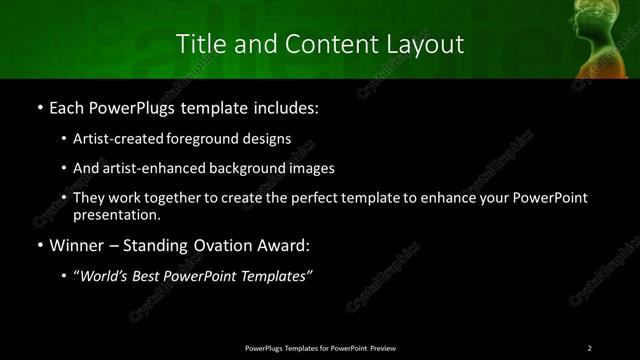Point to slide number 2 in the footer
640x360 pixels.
(590, 347)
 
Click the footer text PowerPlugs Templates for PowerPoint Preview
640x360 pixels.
(320, 347)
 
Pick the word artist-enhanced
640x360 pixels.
(146, 168)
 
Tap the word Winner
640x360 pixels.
(76, 244)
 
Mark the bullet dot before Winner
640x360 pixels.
(38, 245)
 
